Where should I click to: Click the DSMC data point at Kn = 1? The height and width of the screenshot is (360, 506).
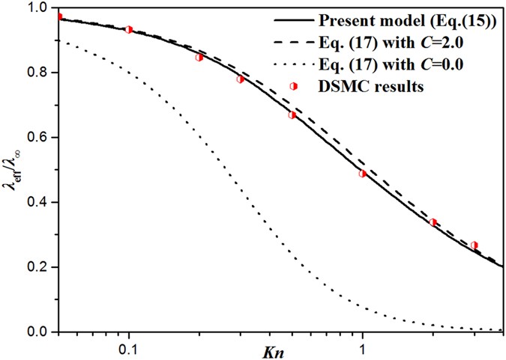coord(363,174)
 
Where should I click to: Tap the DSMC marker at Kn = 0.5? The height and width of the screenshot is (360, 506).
coord(292,115)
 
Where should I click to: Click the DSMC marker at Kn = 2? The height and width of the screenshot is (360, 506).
coord(433,222)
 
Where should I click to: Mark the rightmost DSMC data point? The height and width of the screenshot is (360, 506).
coord(474,245)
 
